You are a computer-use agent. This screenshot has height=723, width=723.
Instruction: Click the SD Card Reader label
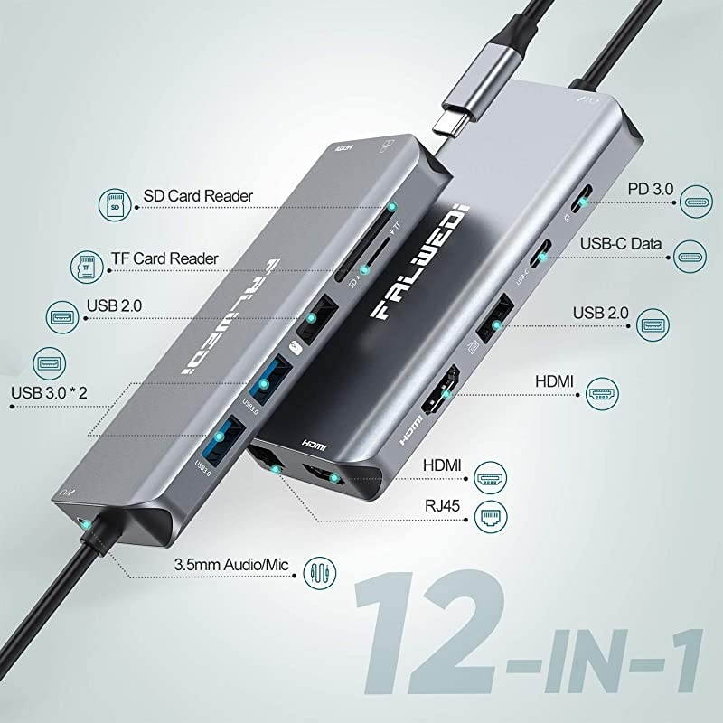click(x=198, y=195)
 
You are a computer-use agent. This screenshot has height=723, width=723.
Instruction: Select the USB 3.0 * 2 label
click(x=53, y=394)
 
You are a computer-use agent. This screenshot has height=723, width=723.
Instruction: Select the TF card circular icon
click(x=87, y=265)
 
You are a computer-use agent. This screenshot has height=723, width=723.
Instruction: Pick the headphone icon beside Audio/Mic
click(x=319, y=570)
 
